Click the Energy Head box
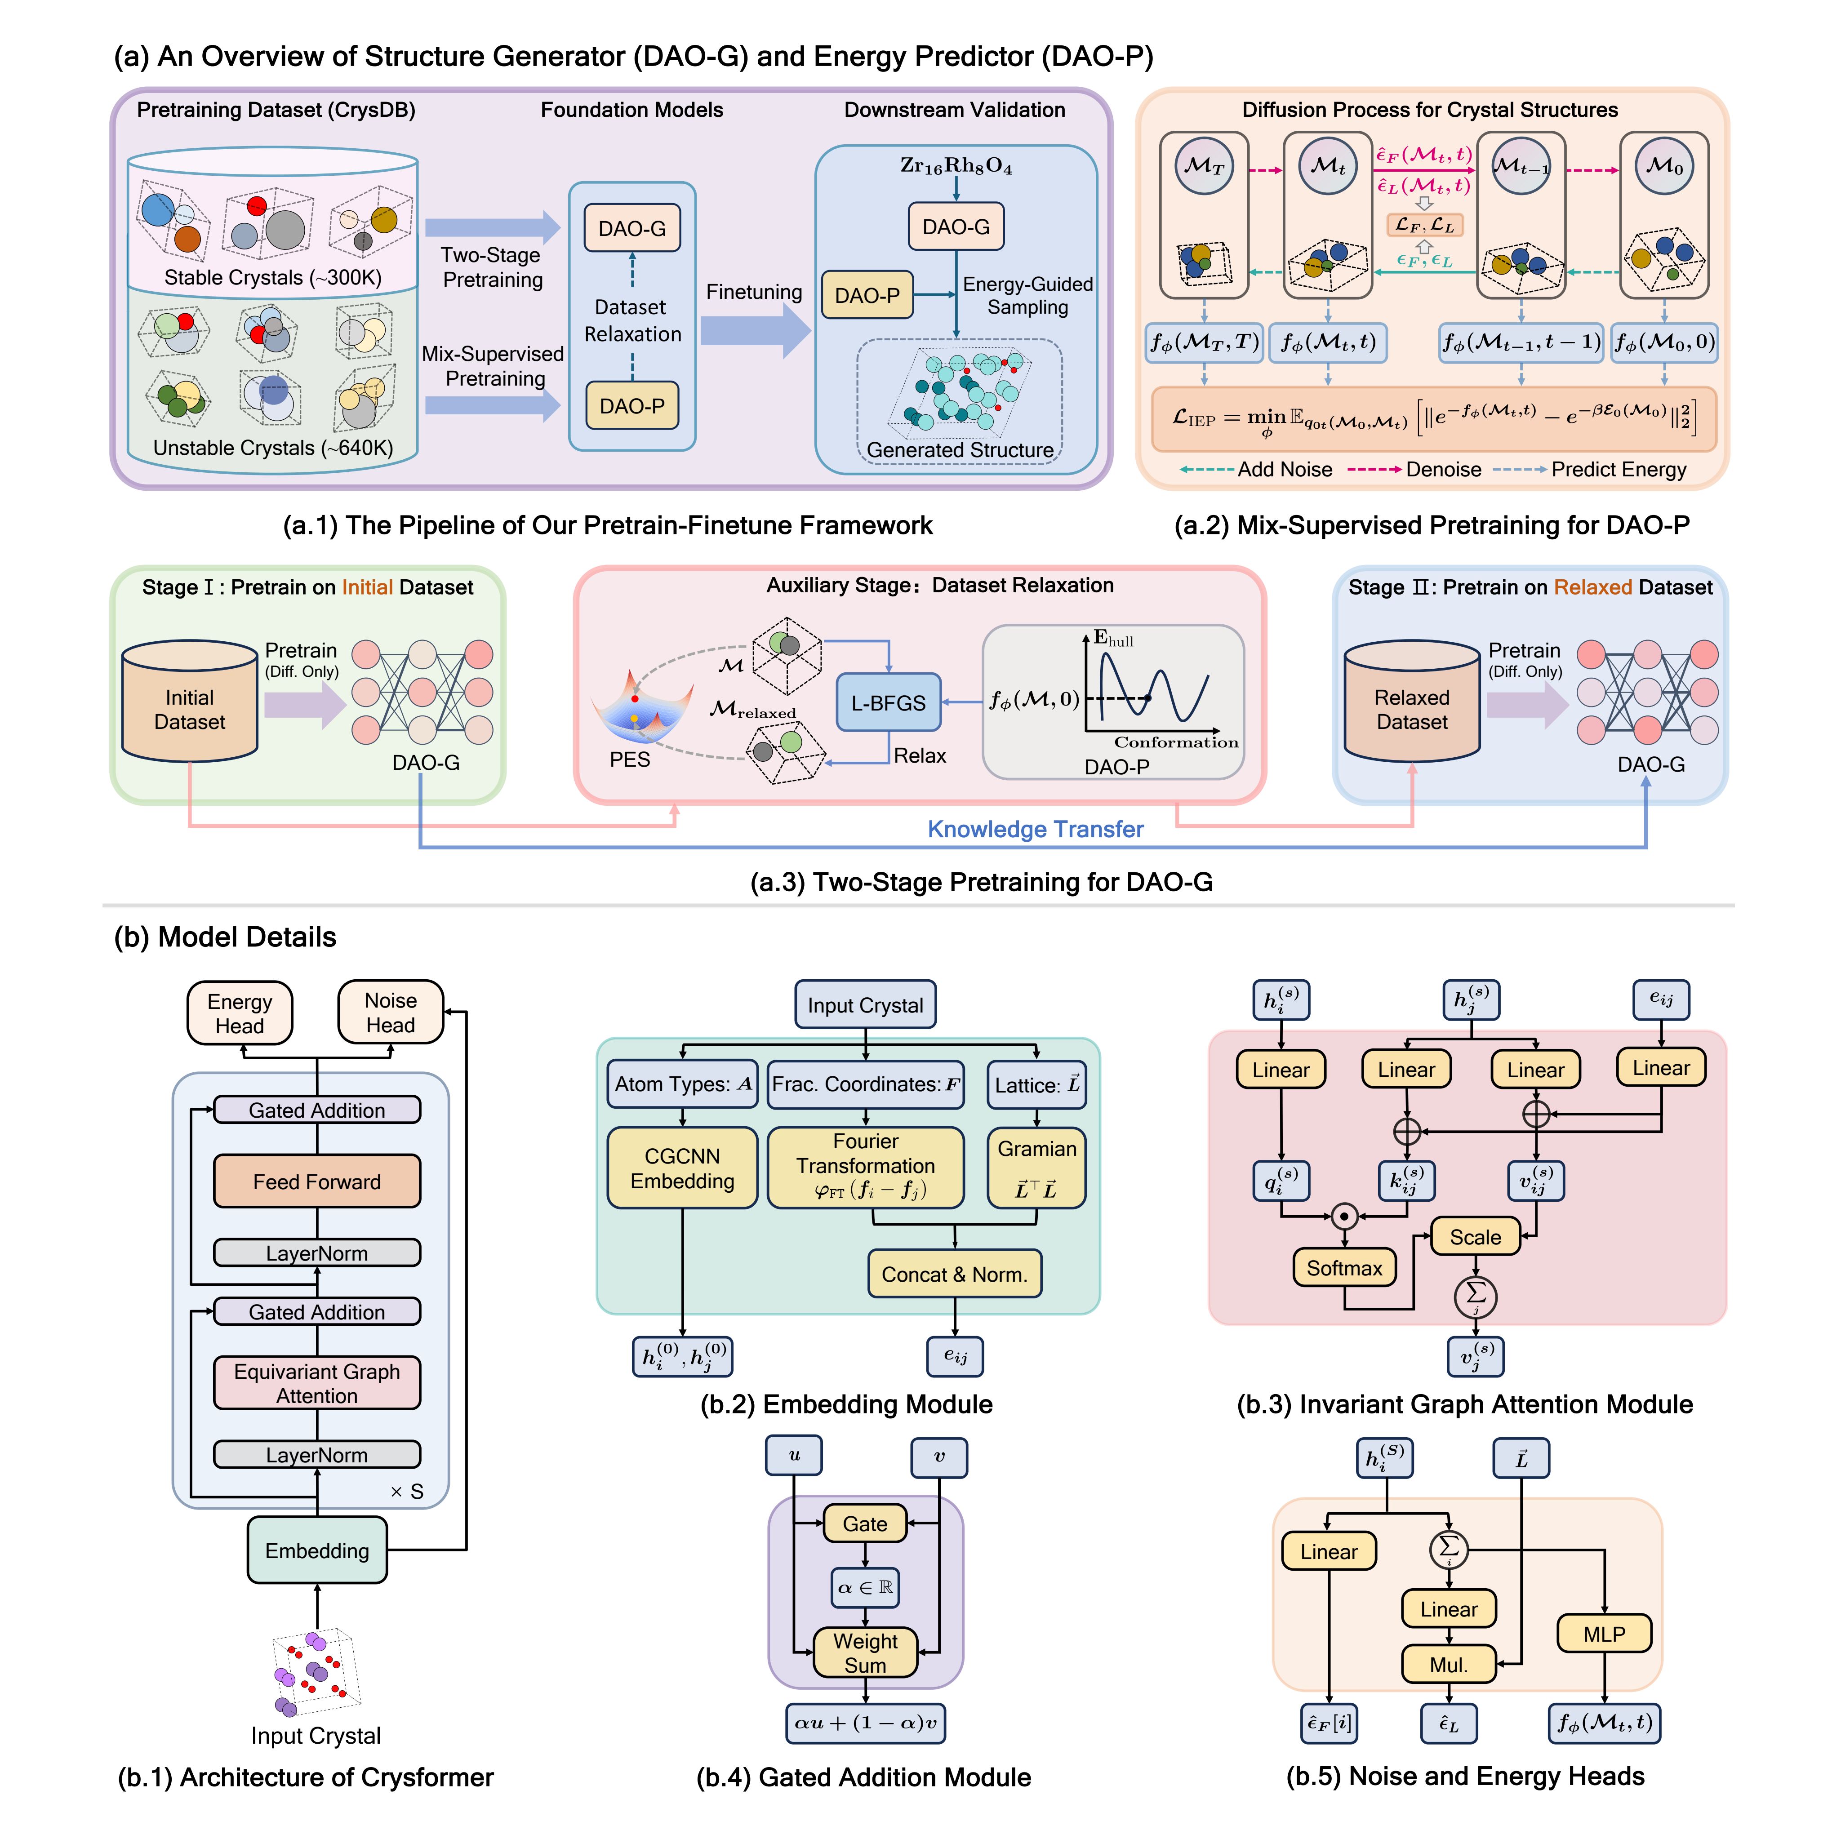pyautogui.click(x=239, y=1013)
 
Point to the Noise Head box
pyautogui.click(x=391, y=1012)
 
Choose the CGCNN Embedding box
pyautogui.click(x=682, y=1168)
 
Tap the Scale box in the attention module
pyautogui.click(x=1475, y=1237)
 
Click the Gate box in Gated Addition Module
pyautogui.click(x=864, y=1523)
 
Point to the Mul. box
pyautogui.click(x=1449, y=1665)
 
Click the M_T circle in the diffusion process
pyautogui.click(x=1204, y=166)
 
